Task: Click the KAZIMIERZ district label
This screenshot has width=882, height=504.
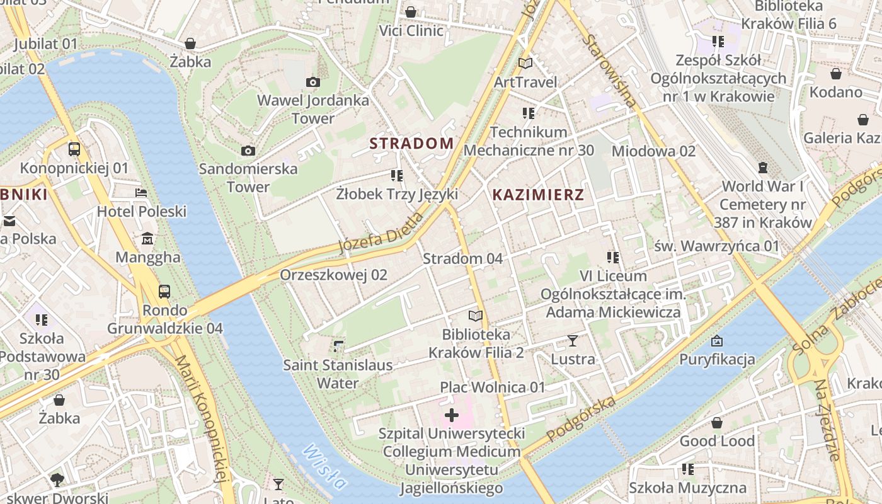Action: (x=538, y=195)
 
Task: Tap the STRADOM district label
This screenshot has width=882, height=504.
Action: (x=411, y=144)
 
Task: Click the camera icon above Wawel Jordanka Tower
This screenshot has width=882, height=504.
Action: (x=312, y=82)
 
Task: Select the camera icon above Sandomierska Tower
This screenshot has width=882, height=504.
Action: (x=248, y=151)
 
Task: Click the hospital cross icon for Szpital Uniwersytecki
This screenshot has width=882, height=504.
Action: (x=452, y=415)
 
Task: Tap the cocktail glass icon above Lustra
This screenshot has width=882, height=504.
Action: (x=572, y=341)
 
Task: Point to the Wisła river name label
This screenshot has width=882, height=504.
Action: (x=324, y=467)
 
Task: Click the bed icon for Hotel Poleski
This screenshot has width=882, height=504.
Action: (x=141, y=193)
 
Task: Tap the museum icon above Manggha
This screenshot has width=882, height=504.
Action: (x=147, y=239)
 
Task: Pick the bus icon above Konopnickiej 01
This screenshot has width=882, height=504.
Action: (x=74, y=149)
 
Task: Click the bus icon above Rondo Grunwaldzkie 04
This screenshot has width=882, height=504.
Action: (x=164, y=291)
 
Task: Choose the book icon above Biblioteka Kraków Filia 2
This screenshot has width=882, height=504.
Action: (x=476, y=316)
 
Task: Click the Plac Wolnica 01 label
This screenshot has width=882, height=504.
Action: (x=492, y=387)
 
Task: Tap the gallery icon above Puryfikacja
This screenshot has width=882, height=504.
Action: (x=716, y=341)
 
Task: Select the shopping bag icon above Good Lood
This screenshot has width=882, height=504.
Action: (x=716, y=422)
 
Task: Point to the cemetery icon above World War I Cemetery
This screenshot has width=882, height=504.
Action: (x=763, y=168)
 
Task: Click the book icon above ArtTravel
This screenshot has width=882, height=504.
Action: (x=525, y=63)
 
